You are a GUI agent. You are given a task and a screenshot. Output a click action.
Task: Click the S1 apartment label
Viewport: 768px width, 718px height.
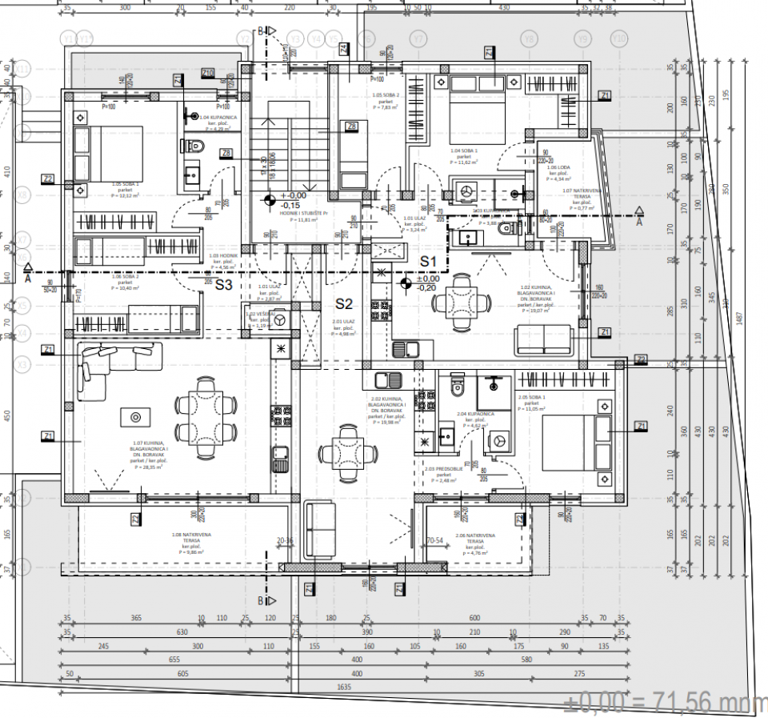428,262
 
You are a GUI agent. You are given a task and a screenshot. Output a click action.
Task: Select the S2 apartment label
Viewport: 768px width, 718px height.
344,303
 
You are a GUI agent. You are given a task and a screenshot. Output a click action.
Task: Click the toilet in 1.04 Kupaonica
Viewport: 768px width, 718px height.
194,146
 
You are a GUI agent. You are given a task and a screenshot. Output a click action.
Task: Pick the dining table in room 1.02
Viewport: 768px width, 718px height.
462,302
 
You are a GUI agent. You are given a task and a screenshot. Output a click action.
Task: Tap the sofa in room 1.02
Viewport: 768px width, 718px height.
544,340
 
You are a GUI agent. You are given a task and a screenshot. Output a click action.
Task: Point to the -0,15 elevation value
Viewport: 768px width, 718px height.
293,204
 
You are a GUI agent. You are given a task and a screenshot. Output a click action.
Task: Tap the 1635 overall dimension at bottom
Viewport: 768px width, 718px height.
344,686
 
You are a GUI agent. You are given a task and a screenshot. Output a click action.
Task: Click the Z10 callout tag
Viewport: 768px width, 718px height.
208,73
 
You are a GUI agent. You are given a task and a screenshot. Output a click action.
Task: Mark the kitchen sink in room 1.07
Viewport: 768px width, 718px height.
279,462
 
